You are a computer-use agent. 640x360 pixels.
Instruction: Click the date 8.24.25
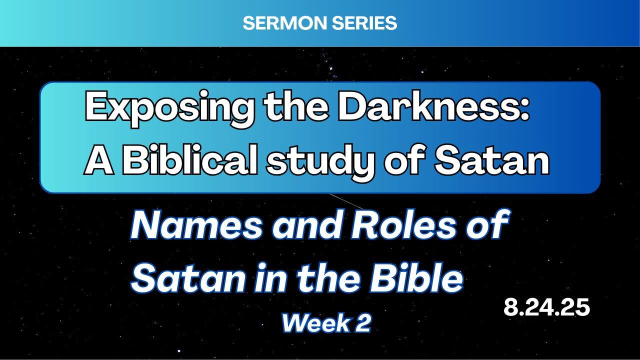546,307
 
